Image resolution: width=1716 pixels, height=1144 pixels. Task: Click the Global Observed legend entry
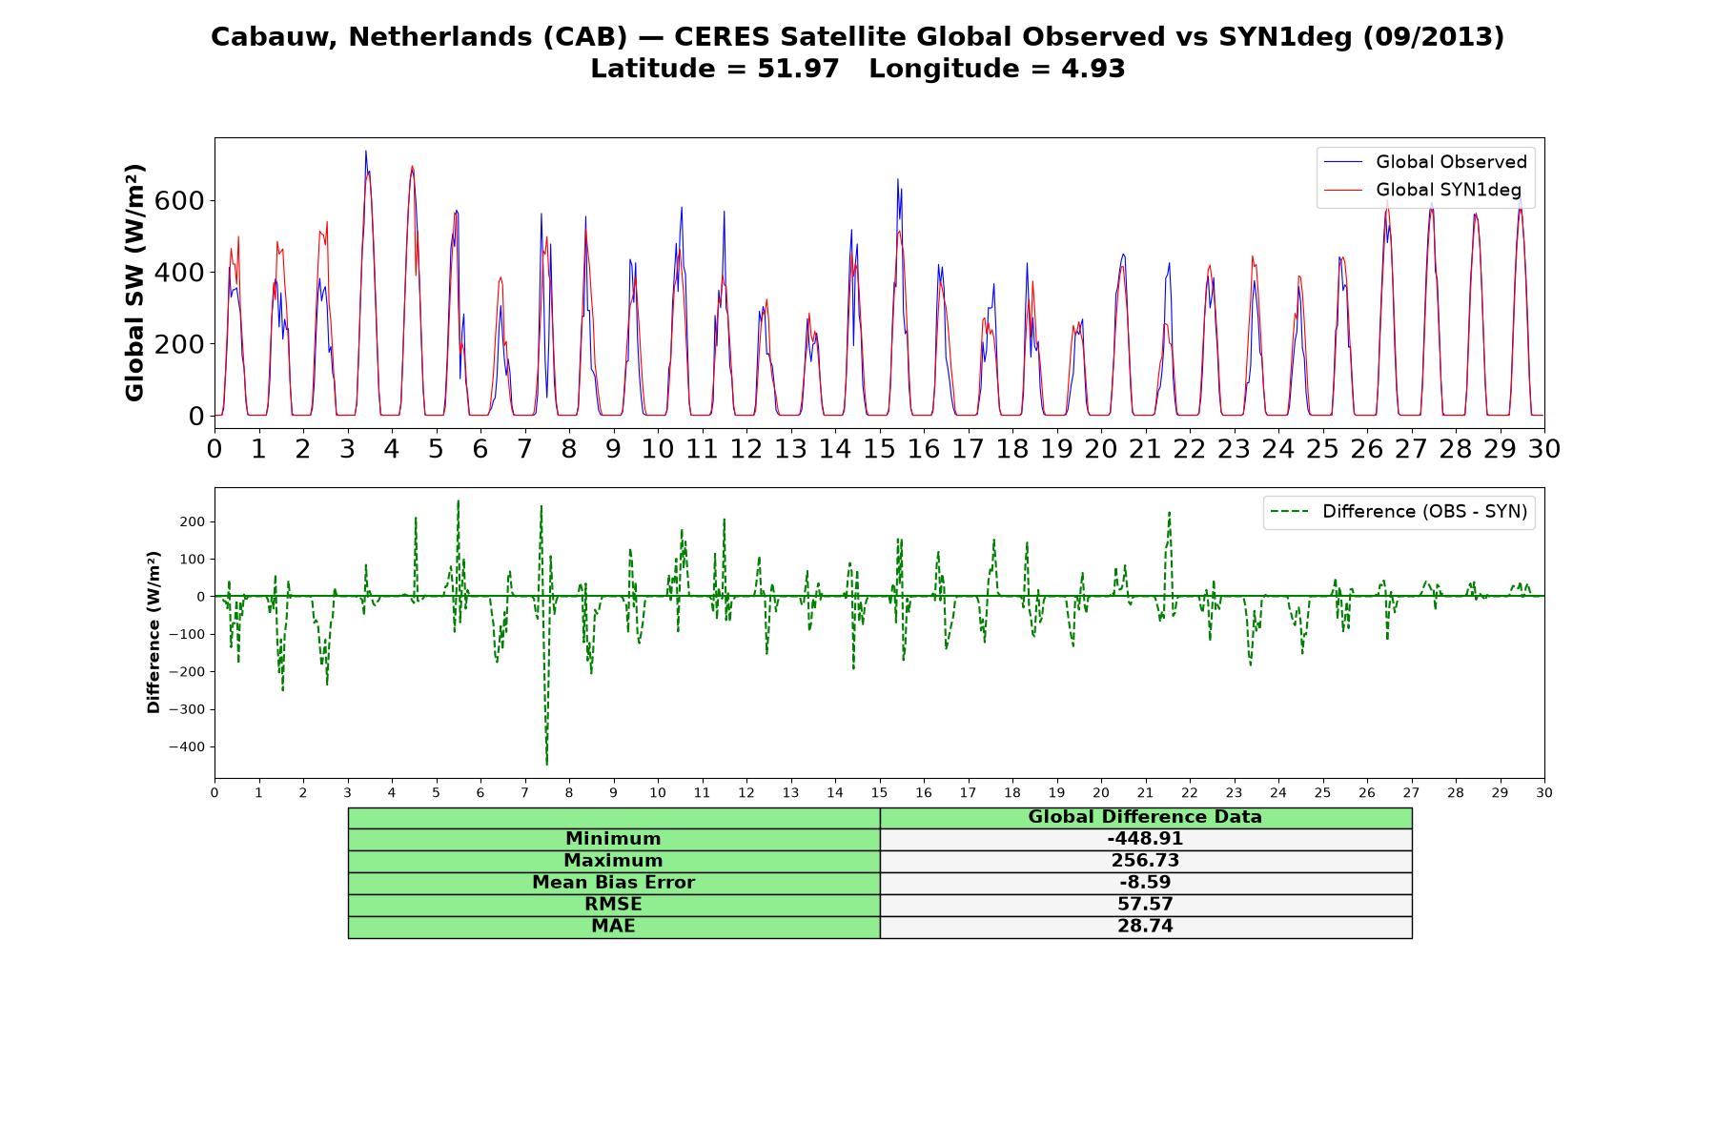(x=1425, y=162)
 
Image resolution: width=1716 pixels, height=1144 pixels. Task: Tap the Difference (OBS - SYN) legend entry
(x=1399, y=512)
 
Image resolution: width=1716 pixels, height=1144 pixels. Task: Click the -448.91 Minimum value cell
(x=1145, y=839)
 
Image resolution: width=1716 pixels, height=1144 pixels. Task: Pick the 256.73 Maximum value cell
(x=1145, y=861)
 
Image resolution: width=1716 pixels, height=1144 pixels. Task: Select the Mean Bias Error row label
(x=613, y=883)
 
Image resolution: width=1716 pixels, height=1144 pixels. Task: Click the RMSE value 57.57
(x=1145, y=905)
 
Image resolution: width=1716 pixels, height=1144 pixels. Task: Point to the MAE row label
(x=613, y=927)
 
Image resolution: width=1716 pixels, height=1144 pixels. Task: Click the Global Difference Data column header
(x=1145, y=817)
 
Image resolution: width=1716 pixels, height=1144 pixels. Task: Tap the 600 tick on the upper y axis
(x=182, y=200)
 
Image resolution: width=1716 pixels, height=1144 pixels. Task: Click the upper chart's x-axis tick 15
(x=879, y=449)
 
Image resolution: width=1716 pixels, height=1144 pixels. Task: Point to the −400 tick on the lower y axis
(x=187, y=746)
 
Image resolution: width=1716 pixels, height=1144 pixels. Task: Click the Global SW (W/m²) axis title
(x=134, y=282)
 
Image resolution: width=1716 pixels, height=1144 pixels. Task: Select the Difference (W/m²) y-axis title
(x=153, y=632)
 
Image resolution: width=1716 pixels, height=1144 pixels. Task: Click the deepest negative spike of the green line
(x=546, y=764)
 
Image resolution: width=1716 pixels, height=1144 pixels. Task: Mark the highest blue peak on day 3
(x=365, y=152)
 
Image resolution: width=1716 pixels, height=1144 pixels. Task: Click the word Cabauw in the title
(x=273, y=36)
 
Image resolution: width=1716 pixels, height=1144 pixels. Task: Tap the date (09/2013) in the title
(x=1433, y=37)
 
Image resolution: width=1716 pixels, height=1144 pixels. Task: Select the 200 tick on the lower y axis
(x=192, y=521)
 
